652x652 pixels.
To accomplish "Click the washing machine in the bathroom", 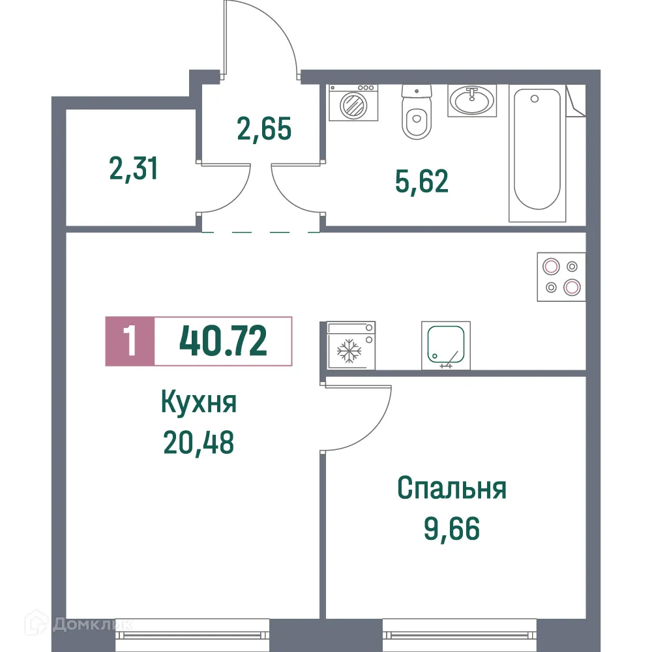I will [353, 102].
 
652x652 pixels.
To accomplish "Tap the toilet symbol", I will [417, 114].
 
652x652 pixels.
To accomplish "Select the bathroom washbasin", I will [472, 100].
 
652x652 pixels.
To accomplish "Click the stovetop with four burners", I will [561, 276].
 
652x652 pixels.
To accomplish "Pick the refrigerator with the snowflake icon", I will [350, 346].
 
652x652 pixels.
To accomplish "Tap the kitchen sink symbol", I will [446, 346].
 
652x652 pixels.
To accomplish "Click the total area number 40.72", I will [223, 342].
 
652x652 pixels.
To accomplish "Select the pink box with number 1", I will [130, 342].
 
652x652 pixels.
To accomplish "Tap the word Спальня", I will [451, 488].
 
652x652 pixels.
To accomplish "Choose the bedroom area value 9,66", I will [451, 529].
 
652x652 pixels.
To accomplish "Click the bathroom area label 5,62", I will [422, 182].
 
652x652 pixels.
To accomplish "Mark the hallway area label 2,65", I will [263, 129].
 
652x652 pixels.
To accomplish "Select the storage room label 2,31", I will [133, 170].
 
